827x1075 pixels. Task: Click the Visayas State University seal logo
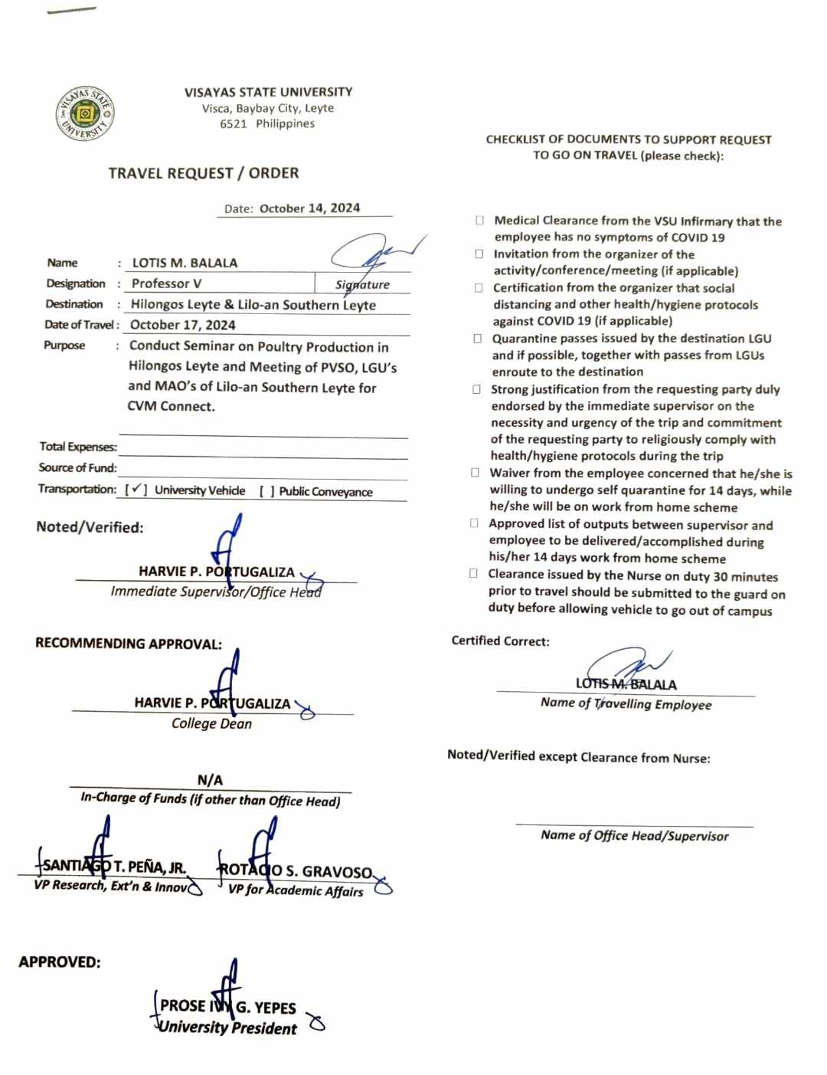(85, 114)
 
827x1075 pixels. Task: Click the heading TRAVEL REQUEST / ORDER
(204, 173)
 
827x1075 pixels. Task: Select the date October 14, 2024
(309, 208)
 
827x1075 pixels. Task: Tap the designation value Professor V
(167, 283)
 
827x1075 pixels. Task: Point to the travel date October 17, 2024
(183, 325)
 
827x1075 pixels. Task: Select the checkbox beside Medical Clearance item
(479, 221)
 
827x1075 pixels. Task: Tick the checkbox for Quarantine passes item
(478, 339)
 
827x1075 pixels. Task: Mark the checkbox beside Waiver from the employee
(476, 474)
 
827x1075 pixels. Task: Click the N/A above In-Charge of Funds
(210, 780)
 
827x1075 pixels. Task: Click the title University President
(227, 1028)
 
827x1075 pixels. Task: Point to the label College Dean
(211, 723)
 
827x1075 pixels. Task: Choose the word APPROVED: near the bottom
(60, 962)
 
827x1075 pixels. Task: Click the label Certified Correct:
(500, 641)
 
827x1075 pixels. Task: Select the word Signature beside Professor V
(362, 284)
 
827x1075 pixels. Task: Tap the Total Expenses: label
(78, 447)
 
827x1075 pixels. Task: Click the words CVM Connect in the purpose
(171, 406)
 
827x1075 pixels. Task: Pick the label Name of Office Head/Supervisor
(634, 835)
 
